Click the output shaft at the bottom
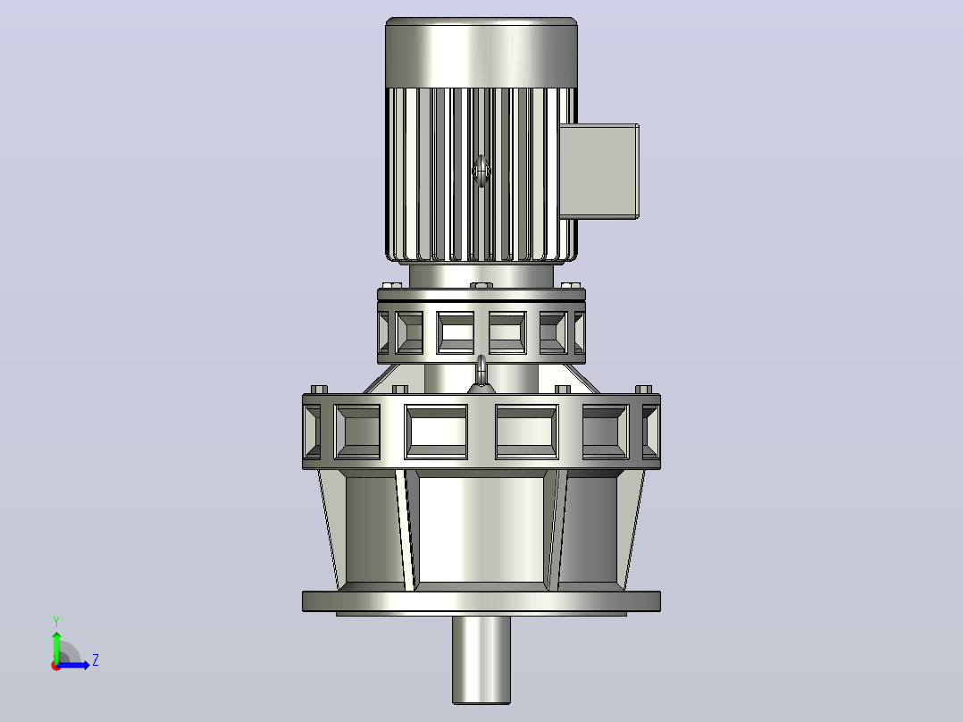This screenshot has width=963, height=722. tap(481, 660)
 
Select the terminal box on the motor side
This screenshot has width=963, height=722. tap(599, 171)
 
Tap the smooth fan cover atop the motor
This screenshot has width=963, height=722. tap(481, 53)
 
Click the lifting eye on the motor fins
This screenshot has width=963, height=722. tap(481, 171)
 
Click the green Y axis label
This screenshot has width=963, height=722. tap(56, 622)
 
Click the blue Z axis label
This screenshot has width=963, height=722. tap(96, 660)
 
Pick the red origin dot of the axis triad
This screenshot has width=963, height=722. tap(56, 666)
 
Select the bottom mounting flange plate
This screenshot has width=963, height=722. tap(481, 601)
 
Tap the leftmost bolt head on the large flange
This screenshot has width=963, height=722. tap(319, 390)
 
